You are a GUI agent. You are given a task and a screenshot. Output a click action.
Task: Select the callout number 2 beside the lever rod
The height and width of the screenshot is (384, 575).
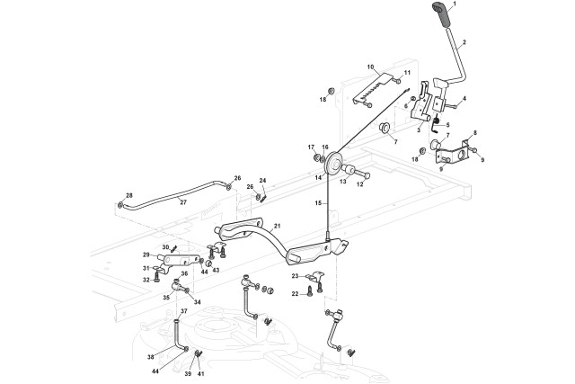464,42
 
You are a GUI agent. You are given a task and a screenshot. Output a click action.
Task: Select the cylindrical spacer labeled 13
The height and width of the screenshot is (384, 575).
348,170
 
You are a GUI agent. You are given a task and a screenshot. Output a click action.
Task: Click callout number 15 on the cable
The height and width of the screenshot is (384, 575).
318,202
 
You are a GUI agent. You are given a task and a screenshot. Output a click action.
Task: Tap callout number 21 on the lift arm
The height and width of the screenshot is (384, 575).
277,226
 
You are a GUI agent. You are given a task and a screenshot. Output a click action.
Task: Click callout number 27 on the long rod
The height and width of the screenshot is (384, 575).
183,202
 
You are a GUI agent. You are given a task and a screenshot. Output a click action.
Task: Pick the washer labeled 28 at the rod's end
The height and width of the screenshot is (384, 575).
120,204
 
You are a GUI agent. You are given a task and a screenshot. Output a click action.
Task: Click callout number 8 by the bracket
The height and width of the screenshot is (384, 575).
475,133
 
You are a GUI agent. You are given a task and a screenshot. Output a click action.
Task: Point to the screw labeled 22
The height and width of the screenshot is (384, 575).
308,294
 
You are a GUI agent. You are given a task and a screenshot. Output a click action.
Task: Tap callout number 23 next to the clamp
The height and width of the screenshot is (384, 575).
296,276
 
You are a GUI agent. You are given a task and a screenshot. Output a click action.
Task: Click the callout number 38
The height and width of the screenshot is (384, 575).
151,356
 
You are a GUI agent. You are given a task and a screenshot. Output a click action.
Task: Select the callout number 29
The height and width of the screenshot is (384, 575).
146,255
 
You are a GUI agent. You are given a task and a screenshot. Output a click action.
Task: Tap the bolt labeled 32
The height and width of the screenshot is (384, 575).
157,280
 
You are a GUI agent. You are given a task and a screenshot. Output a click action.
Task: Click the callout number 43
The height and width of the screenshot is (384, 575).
216,270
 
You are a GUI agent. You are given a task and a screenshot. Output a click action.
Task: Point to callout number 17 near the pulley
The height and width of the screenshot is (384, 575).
312,147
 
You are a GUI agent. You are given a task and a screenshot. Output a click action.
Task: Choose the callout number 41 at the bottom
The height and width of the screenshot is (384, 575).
201,374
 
